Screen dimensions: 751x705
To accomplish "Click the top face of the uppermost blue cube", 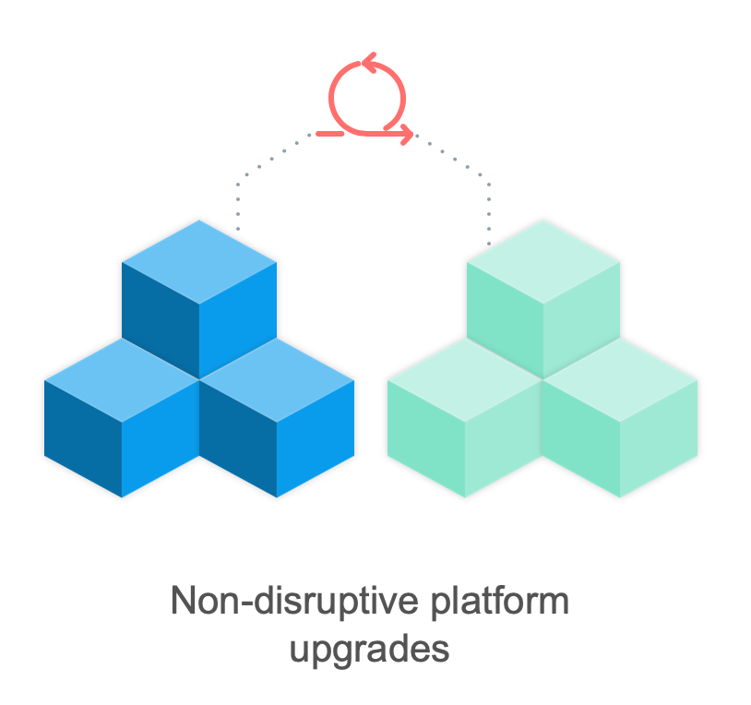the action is click(199, 262).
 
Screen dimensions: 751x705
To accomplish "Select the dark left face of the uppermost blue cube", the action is click(161, 320).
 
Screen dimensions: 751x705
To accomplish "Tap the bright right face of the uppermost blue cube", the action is click(238, 320).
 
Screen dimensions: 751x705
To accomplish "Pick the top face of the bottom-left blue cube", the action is click(122, 380).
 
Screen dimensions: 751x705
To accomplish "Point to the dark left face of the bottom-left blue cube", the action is click(83, 438).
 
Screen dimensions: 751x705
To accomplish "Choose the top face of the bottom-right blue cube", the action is click(277, 380).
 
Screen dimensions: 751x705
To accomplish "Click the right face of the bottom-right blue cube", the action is click(316, 438).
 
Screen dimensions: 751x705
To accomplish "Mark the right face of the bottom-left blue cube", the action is click(161, 438).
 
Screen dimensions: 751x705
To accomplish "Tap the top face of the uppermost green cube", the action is click(543, 262).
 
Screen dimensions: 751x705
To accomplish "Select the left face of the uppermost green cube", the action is click(505, 320).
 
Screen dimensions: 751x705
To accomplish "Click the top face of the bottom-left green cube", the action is click(465, 380).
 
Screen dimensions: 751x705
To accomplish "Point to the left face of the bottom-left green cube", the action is click(426, 438).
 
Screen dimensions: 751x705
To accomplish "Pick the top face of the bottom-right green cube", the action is click(620, 380).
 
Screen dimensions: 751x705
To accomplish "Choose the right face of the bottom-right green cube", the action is click(659, 438).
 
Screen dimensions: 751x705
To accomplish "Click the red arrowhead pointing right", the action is click(407, 134).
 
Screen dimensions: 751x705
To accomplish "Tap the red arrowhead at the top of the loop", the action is click(369, 62).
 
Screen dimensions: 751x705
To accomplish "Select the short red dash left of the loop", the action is click(329, 134).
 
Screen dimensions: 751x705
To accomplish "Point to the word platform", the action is click(500, 601).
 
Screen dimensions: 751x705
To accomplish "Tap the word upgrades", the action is click(369, 650).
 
